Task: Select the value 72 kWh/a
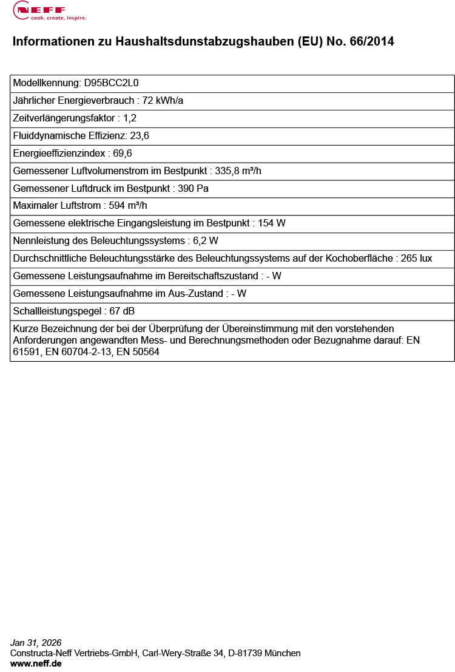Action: click(x=163, y=101)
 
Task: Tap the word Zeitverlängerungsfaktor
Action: click(x=64, y=118)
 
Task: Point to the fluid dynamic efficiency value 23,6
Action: click(x=140, y=136)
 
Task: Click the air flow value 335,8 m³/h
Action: click(x=238, y=171)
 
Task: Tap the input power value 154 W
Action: click(x=272, y=223)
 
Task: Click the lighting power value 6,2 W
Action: click(x=206, y=241)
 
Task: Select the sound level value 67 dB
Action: click(x=121, y=311)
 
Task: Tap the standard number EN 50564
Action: click(x=138, y=352)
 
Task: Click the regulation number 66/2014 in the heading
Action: click(x=372, y=42)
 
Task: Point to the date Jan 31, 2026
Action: click(x=36, y=643)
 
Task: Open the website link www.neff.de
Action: click(x=36, y=664)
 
